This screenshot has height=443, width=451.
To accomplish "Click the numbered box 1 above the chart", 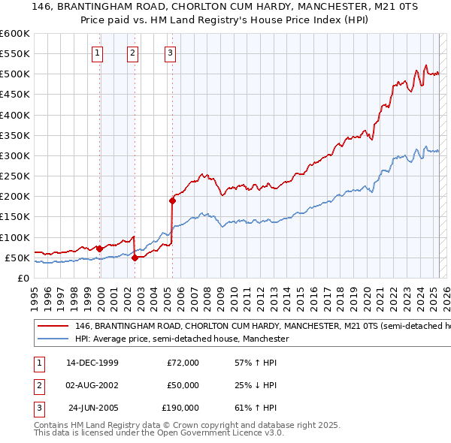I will (x=98, y=53).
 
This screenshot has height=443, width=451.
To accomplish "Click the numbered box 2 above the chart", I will (x=132, y=53).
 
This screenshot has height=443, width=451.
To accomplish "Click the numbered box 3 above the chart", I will (x=171, y=53).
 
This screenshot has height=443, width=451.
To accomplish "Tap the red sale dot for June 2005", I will (x=172, y=200).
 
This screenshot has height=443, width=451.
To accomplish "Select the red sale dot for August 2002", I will (x=135, y=258).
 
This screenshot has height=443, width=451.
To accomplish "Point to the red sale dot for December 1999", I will (x=100, y=249).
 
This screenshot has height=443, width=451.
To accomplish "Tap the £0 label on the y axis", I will (x=24, y=278).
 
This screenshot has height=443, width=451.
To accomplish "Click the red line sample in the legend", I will (x=52, y=327).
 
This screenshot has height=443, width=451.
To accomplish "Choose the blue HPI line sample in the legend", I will (x=52, y=339).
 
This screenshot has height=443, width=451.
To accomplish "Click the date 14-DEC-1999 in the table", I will (x=92, y=363).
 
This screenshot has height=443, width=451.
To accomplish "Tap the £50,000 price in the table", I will (x=183, y=385).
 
